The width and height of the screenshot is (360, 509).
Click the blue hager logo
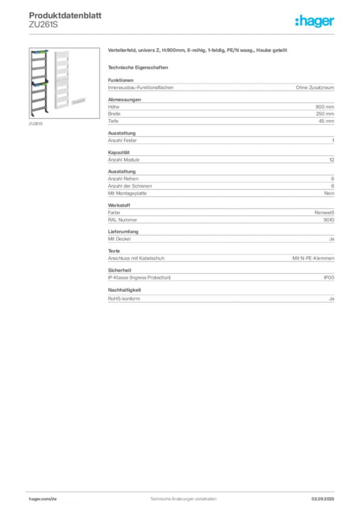[x=315, y=22]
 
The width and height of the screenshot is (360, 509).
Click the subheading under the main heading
[x=139, y=67]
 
